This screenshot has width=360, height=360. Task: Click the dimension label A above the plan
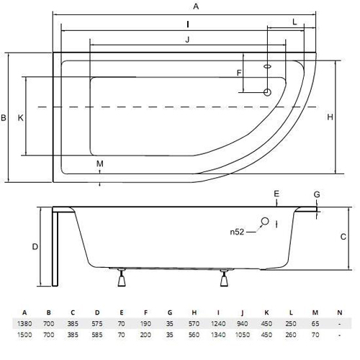click(x=196, y=6)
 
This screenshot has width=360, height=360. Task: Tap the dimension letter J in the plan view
click(x=187, y=40)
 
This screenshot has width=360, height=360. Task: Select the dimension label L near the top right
click(x=294, y=22)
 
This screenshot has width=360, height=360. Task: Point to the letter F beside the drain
click(x=239, y=73)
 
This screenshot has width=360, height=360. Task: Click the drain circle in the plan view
click(x=267, y=92)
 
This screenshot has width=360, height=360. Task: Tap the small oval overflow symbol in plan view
click(x=267, y=66)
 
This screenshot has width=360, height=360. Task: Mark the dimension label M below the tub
click(x=100, y=163)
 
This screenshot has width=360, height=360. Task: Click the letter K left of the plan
click(x=21, y=118)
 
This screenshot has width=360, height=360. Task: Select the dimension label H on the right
click(x=330, y=117)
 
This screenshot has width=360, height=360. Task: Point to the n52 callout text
click(x=237, y=232)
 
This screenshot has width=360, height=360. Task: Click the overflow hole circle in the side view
click(x=265, y=221)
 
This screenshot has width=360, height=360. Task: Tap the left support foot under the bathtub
click(x=122, y=278)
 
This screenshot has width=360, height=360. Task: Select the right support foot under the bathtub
click(x=224, y=278)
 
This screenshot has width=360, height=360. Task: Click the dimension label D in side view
click(x=35, y=246)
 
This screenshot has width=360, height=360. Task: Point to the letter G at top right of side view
click(x=317, y=194)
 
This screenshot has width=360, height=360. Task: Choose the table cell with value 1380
click(x=24, y=324)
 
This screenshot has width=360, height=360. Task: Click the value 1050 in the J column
click(x=243, y=335)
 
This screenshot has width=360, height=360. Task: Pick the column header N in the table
click(x=339, y=312)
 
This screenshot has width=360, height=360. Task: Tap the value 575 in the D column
click(x=97, y=324)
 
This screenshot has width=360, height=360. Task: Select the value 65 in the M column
click(x=315, y=324)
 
